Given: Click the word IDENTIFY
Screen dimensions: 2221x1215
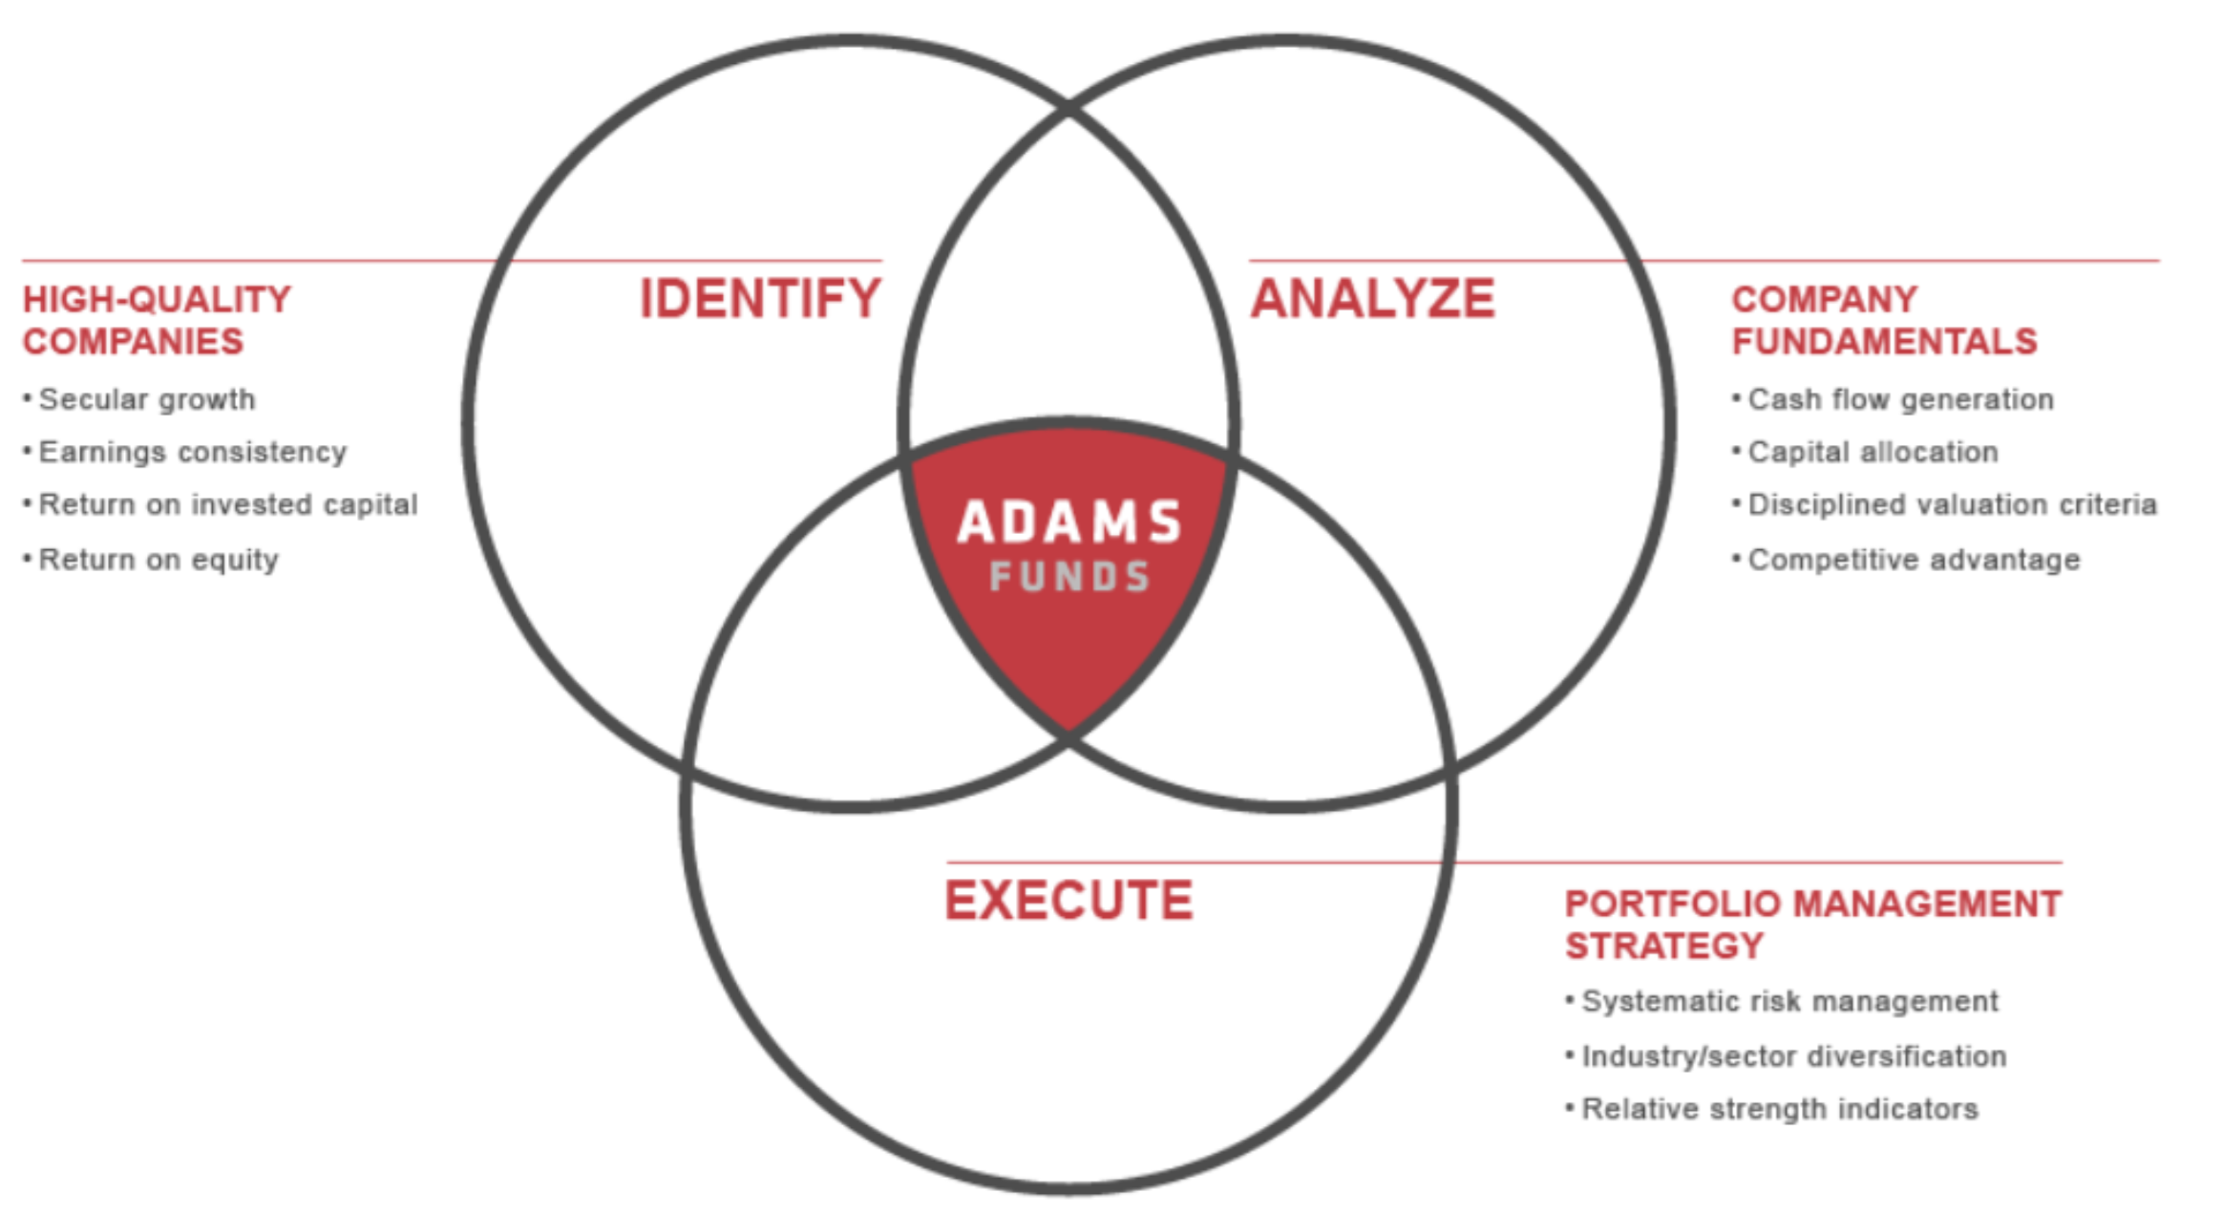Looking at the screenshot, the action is tap(760, 298).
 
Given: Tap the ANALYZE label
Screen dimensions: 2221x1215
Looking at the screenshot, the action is tap(1372, 298).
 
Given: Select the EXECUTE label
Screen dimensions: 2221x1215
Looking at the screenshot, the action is tap(1068, 900).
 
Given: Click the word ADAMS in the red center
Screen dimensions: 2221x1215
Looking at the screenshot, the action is tap(1069, 522).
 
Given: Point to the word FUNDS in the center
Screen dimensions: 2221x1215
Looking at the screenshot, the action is tap(1069, 577).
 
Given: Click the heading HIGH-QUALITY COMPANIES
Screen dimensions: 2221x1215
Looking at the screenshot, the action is tap(157, 320).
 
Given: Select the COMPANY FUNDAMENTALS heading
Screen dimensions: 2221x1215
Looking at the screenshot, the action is tap(1883, 320).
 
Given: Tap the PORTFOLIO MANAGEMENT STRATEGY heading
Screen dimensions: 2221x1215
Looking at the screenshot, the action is tap(1812, 924).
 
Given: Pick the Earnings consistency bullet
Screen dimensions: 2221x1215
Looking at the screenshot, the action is tap(192, 452).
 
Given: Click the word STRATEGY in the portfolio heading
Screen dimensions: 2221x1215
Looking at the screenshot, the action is tap(1663, 946).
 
